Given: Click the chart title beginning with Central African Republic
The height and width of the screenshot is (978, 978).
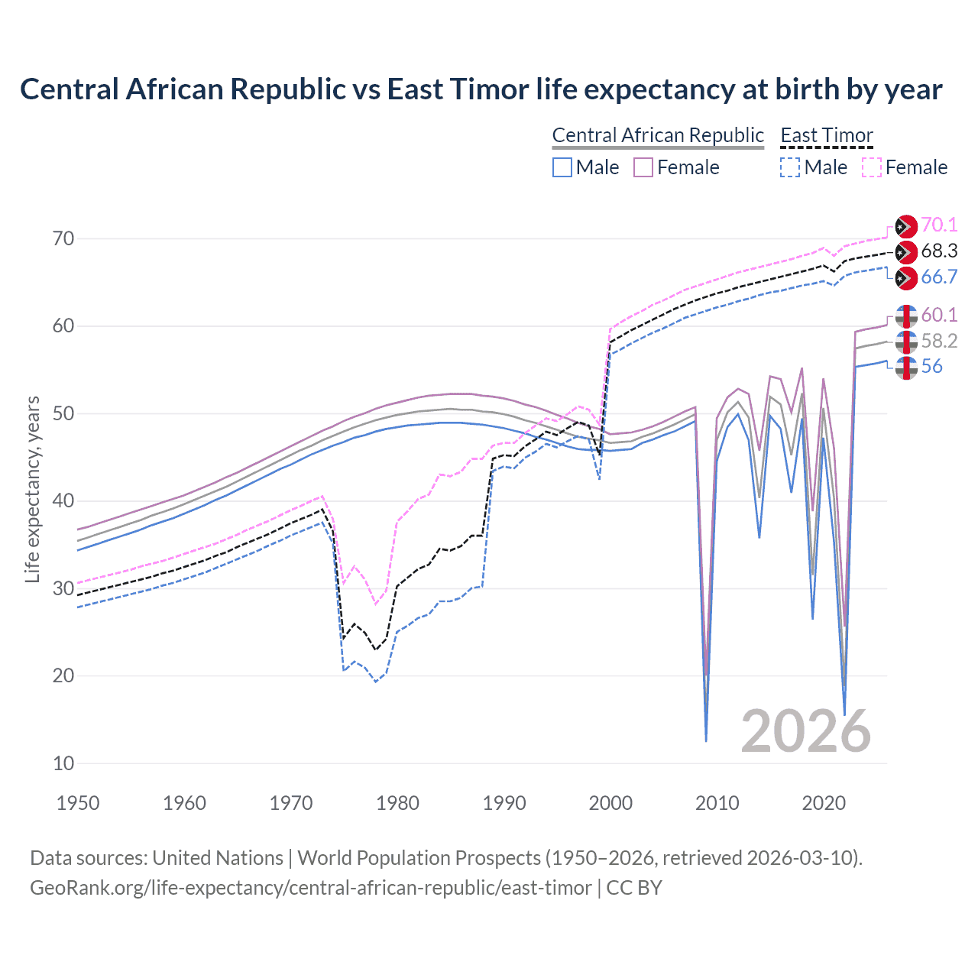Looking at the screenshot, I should pos(481,89).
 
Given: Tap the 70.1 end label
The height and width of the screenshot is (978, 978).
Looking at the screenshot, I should pos(939,225).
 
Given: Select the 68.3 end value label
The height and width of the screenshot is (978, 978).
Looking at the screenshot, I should pos(939,251).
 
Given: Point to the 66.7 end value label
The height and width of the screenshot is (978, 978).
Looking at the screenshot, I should pos(939,277).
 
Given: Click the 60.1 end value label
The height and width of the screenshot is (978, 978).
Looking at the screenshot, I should pos(939,315).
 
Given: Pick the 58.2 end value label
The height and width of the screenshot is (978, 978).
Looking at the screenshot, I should pos(939,341).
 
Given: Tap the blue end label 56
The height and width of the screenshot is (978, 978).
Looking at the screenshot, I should pos(931,367).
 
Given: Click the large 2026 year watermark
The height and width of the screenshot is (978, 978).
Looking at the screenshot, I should pos(805,731).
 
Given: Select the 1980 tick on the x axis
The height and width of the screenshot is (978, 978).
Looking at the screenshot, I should pos(397,803).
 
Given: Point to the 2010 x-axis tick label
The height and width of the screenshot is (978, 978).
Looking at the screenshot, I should pos(717,803).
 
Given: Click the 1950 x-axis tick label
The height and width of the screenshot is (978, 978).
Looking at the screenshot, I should pos(78,803).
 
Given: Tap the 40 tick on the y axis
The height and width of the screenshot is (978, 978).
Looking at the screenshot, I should pos(63,501).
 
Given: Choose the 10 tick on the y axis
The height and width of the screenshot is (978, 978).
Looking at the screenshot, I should pos(63,763).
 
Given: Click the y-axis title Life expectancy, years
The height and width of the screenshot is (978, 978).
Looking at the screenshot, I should pos(32,489).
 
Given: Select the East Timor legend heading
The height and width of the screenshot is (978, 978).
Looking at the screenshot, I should pos(826,135).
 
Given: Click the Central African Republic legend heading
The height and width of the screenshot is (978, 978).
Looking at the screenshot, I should pos(657,135).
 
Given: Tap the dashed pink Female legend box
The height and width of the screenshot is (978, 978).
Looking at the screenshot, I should pos(872,167).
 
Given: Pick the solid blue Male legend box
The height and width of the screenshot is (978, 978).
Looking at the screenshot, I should pos(562,167).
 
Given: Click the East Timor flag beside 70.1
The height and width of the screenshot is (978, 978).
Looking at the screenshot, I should pos(905,226).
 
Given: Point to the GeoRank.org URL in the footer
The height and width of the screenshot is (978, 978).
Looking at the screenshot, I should pos(310,888).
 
